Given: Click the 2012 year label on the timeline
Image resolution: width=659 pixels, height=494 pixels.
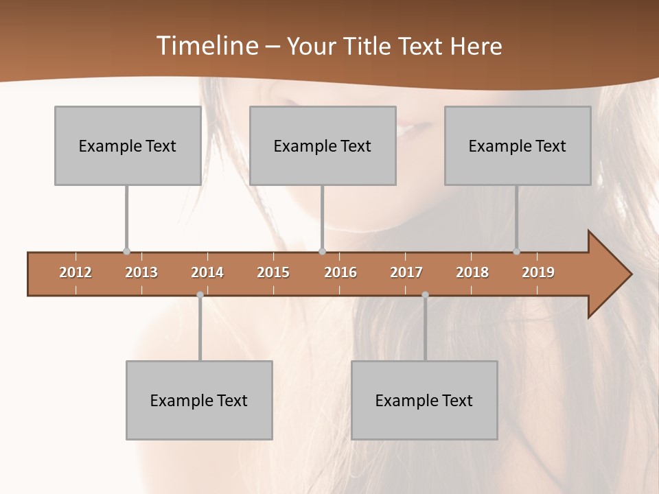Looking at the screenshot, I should [x=76, y=272].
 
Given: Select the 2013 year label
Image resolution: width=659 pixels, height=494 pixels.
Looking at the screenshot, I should [x=141, y=272].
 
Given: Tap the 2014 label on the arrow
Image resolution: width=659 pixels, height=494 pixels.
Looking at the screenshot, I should [x=207, y=272].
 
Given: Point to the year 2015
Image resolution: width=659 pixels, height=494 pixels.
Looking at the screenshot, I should [x=273, y=272].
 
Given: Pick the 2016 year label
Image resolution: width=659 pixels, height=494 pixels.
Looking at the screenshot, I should [x=340, y=272].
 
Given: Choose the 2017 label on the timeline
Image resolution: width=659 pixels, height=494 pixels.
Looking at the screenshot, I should [x=406, y=272].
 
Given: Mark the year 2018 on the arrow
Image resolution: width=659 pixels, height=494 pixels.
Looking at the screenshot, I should [x=472, y=272].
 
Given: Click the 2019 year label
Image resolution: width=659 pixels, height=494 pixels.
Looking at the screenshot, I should [x=538, y=272].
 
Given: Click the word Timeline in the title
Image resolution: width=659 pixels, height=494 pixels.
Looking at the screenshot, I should [x=207, y=46].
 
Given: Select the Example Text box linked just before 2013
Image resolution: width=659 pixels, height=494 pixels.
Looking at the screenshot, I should [x=128, y=145].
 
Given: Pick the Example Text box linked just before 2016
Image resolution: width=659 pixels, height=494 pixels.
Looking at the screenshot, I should [x=323, y=145].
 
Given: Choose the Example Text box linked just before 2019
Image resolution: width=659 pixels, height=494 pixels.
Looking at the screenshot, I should [x=518, y=145].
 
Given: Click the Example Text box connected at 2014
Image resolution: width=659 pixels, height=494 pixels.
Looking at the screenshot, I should [x=199, y=400].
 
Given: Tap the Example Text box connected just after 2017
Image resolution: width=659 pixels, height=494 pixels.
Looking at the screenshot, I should [x=424, y=400].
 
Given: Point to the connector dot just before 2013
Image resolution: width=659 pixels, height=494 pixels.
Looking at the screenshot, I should [x=126, y=252].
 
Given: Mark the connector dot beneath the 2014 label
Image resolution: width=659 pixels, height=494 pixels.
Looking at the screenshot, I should [x=200, y=294].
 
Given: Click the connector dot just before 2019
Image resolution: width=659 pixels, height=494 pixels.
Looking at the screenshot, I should [x=517, y=252].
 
